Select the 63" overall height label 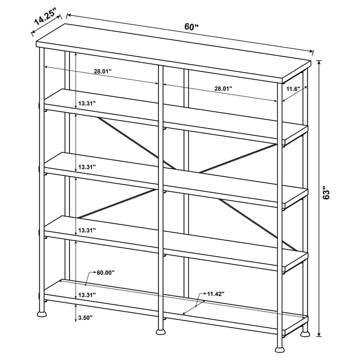(x=334, y=194)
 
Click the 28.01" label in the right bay (x=223, y=88)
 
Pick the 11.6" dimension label (x=293, y=89)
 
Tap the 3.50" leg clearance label (x=84, y=318)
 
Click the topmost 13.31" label (x=87, y=103)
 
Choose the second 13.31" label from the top (x=87, y=167)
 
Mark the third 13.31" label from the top (x=87, y=230)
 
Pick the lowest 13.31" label (x=87, y=295)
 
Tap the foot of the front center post (x=160, y=329)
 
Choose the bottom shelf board (x=175, y=303)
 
